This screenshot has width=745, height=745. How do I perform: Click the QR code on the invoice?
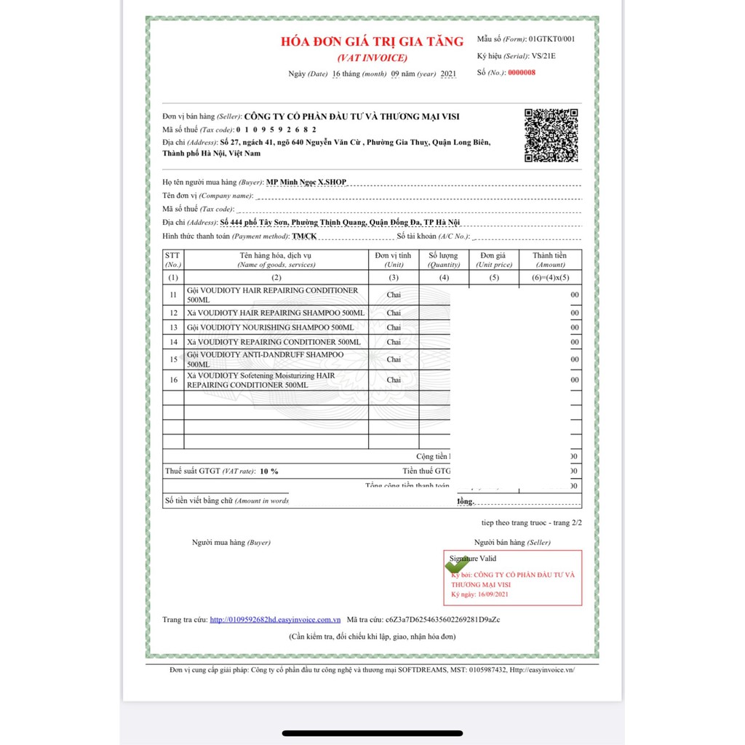coord(551,135)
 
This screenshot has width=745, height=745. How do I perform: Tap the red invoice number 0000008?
coord(521,72)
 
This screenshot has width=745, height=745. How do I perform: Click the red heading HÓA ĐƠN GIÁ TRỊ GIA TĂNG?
coord(372,41)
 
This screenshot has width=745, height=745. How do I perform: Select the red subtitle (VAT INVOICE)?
coord(372,57)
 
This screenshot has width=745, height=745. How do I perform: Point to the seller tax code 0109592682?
coord(276,129)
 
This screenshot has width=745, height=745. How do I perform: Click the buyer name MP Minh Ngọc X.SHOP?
coord(306,182)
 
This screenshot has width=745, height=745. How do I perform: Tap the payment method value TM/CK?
coord(304,236)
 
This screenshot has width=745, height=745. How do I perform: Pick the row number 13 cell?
coord(173,327)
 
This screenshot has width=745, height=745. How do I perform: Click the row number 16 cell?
coord(173,380)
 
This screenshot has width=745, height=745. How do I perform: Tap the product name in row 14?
coord(273,341)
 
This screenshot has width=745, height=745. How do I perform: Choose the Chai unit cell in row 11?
coord(394,294)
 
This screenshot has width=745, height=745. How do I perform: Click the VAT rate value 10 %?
coord(269,471)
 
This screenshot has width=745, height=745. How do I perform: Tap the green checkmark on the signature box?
coord(457,565)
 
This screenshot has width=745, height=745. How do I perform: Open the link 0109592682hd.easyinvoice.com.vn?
coord(275,619)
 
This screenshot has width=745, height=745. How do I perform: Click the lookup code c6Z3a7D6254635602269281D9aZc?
coord(443,619)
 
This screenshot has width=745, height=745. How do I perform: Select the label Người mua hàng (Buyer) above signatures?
coord(231,542)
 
